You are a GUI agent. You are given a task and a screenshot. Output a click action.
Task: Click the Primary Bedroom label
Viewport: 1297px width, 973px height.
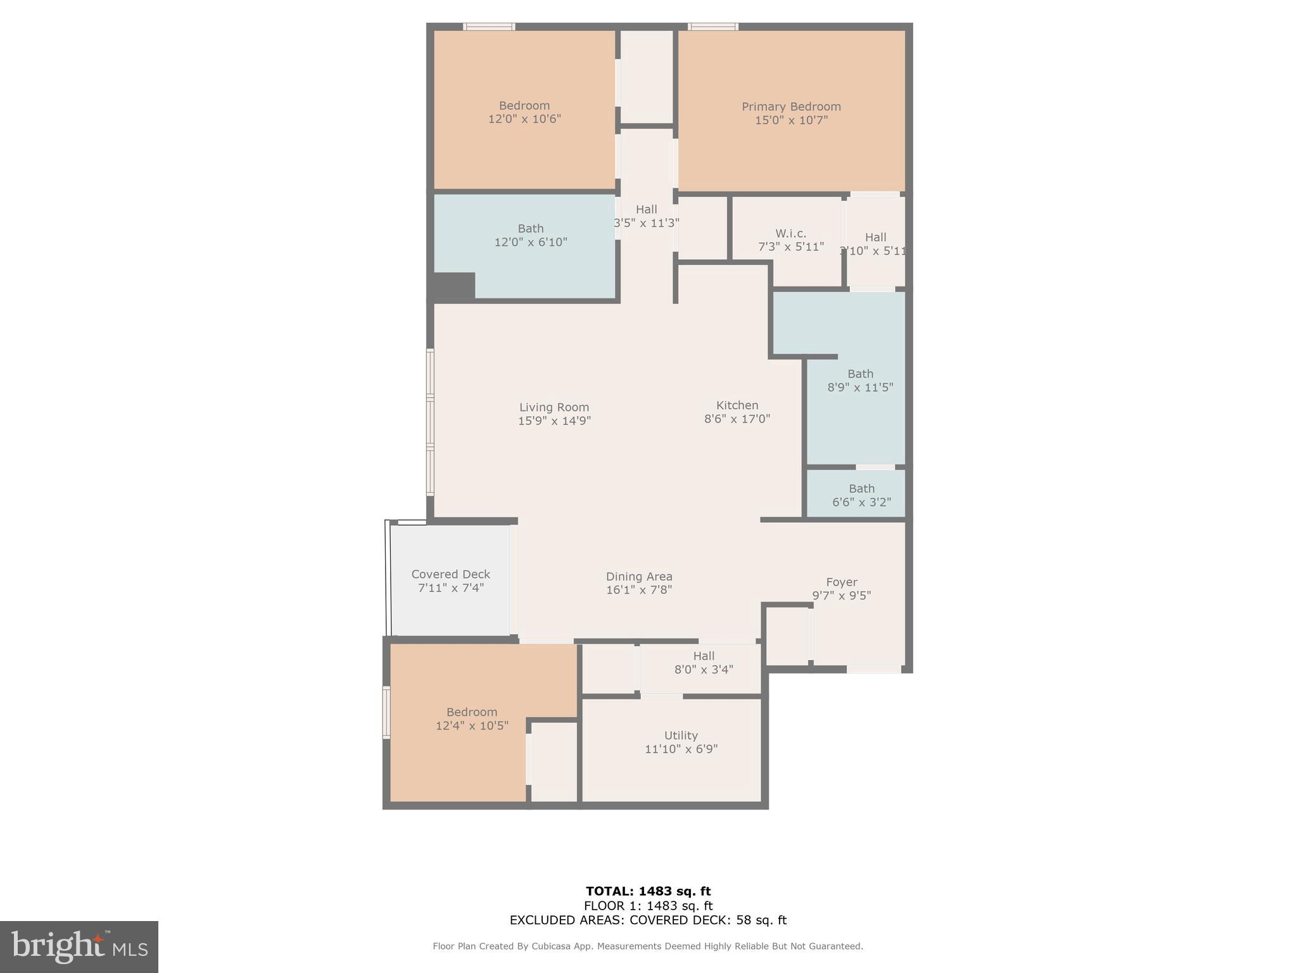pyautogui.click(x=791, y=106)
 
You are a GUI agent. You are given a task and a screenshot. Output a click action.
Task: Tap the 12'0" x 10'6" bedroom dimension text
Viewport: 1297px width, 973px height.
pyautogui.click(x=524, y=119)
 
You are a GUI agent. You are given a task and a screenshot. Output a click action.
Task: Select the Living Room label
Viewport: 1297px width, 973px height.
pyautogui.click(x=554, y=407)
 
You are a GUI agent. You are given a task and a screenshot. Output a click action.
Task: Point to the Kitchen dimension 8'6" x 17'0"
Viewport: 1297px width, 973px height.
pyautogui.click(x=737, y=419)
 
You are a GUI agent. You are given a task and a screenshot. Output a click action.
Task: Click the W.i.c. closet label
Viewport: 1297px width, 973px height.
pyautogui.click(x=791, y=233)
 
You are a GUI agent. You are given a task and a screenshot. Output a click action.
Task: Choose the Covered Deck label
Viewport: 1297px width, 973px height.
pyautogui.click(x=450, y=574)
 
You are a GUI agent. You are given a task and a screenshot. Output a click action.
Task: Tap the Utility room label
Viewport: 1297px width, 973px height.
pyautogui.click(x=681, y=735)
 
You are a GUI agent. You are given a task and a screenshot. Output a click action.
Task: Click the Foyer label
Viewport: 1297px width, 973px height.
pyautogui.click(x=842, y=582)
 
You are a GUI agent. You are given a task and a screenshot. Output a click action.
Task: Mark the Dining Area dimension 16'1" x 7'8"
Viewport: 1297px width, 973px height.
pyautogui.click(x=639, y=590)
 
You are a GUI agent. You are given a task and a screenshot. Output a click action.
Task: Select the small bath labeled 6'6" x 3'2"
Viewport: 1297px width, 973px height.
pyautogui.click(x=861, y=495)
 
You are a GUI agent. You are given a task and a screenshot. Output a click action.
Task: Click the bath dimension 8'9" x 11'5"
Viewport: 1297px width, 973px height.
pyautogui.click(x=860, y=387)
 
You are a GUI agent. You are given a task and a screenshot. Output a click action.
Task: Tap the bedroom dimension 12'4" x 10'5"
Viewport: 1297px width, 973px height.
pyautogui.click(x=472, y=726)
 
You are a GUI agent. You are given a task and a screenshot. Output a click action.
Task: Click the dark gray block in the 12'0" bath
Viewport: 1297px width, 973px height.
pyautogui.click(x=453, y=286)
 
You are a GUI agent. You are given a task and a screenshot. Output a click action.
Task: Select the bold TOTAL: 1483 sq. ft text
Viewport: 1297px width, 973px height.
pyautogui.click(x=648, y=891)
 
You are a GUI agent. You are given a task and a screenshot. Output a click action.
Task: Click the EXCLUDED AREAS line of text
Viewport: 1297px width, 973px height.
pyautogui.click(x=648, y=920)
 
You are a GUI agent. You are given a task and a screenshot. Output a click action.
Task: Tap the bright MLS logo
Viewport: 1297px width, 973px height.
pyautogui.click(x=79, y=946)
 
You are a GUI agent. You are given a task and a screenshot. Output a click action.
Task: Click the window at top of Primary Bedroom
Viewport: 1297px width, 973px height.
pyautogui.click(x=713, y=27)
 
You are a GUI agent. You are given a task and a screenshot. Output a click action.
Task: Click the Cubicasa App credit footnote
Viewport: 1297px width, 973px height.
pyautogui.click(x=648, y=946)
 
